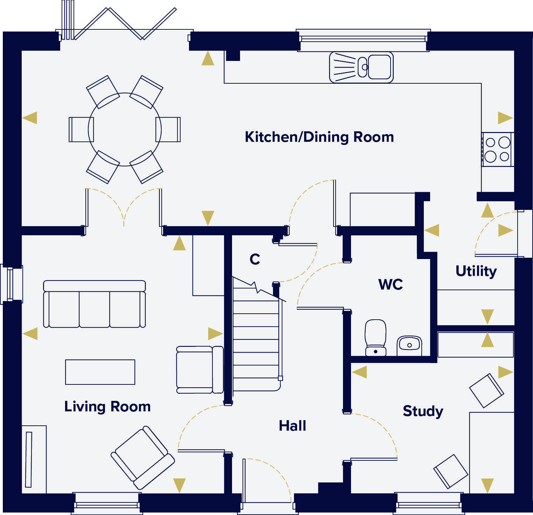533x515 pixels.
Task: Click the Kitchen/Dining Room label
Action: click(319, 137)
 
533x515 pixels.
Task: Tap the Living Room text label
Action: click(107, 406)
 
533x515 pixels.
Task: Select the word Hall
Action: click(292, 426)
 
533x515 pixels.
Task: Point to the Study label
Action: click(423, 411)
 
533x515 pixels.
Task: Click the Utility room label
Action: click(476, 271)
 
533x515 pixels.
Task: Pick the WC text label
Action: click(391, 285)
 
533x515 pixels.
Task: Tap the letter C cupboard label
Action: click(255, 259)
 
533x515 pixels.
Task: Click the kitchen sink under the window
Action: click(361, 67)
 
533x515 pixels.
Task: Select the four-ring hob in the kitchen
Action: click(497, 149)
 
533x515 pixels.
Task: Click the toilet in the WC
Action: click(376, 337)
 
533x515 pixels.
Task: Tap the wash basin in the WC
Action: click(409, 345)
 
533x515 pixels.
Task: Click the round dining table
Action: click(125, 129)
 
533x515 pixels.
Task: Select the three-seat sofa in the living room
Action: click(94, 304)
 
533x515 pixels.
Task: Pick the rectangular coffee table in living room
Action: click(100, 372)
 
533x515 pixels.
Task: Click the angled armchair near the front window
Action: click(142, 457)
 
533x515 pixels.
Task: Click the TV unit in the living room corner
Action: click(34, 459)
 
